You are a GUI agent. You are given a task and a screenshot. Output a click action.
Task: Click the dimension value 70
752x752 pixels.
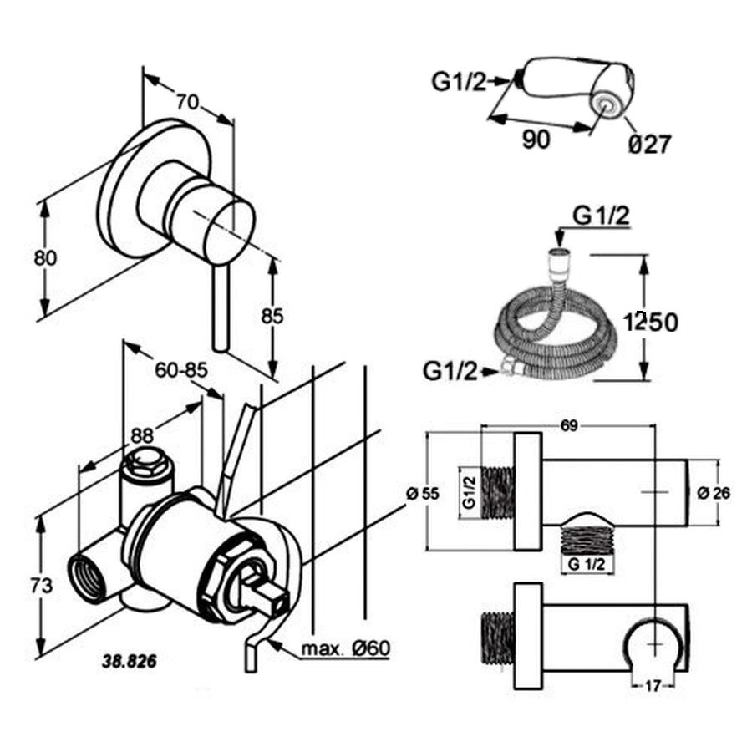click(187, 103)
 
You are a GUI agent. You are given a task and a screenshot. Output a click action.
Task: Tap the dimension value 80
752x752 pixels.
click(45, 258)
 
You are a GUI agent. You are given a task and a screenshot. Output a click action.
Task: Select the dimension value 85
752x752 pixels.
click(272, 316)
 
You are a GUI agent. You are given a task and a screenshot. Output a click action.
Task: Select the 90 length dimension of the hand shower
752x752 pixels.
click(536, 140)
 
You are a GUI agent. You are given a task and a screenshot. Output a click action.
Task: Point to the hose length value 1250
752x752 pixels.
click(650, 321)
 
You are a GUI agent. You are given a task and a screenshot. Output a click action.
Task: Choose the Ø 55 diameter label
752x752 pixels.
click(422, 493)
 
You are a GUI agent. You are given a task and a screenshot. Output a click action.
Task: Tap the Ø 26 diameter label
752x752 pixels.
click(714, 493)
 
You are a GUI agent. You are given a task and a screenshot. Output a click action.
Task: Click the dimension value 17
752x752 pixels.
click(653, 687)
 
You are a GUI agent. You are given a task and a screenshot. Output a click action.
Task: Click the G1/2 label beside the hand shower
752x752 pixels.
click(460, 81)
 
